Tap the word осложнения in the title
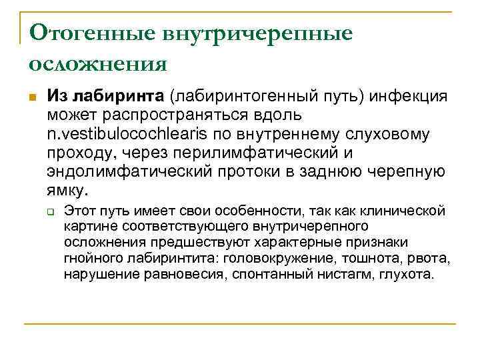98,64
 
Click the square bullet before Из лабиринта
32,97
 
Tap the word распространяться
191,115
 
